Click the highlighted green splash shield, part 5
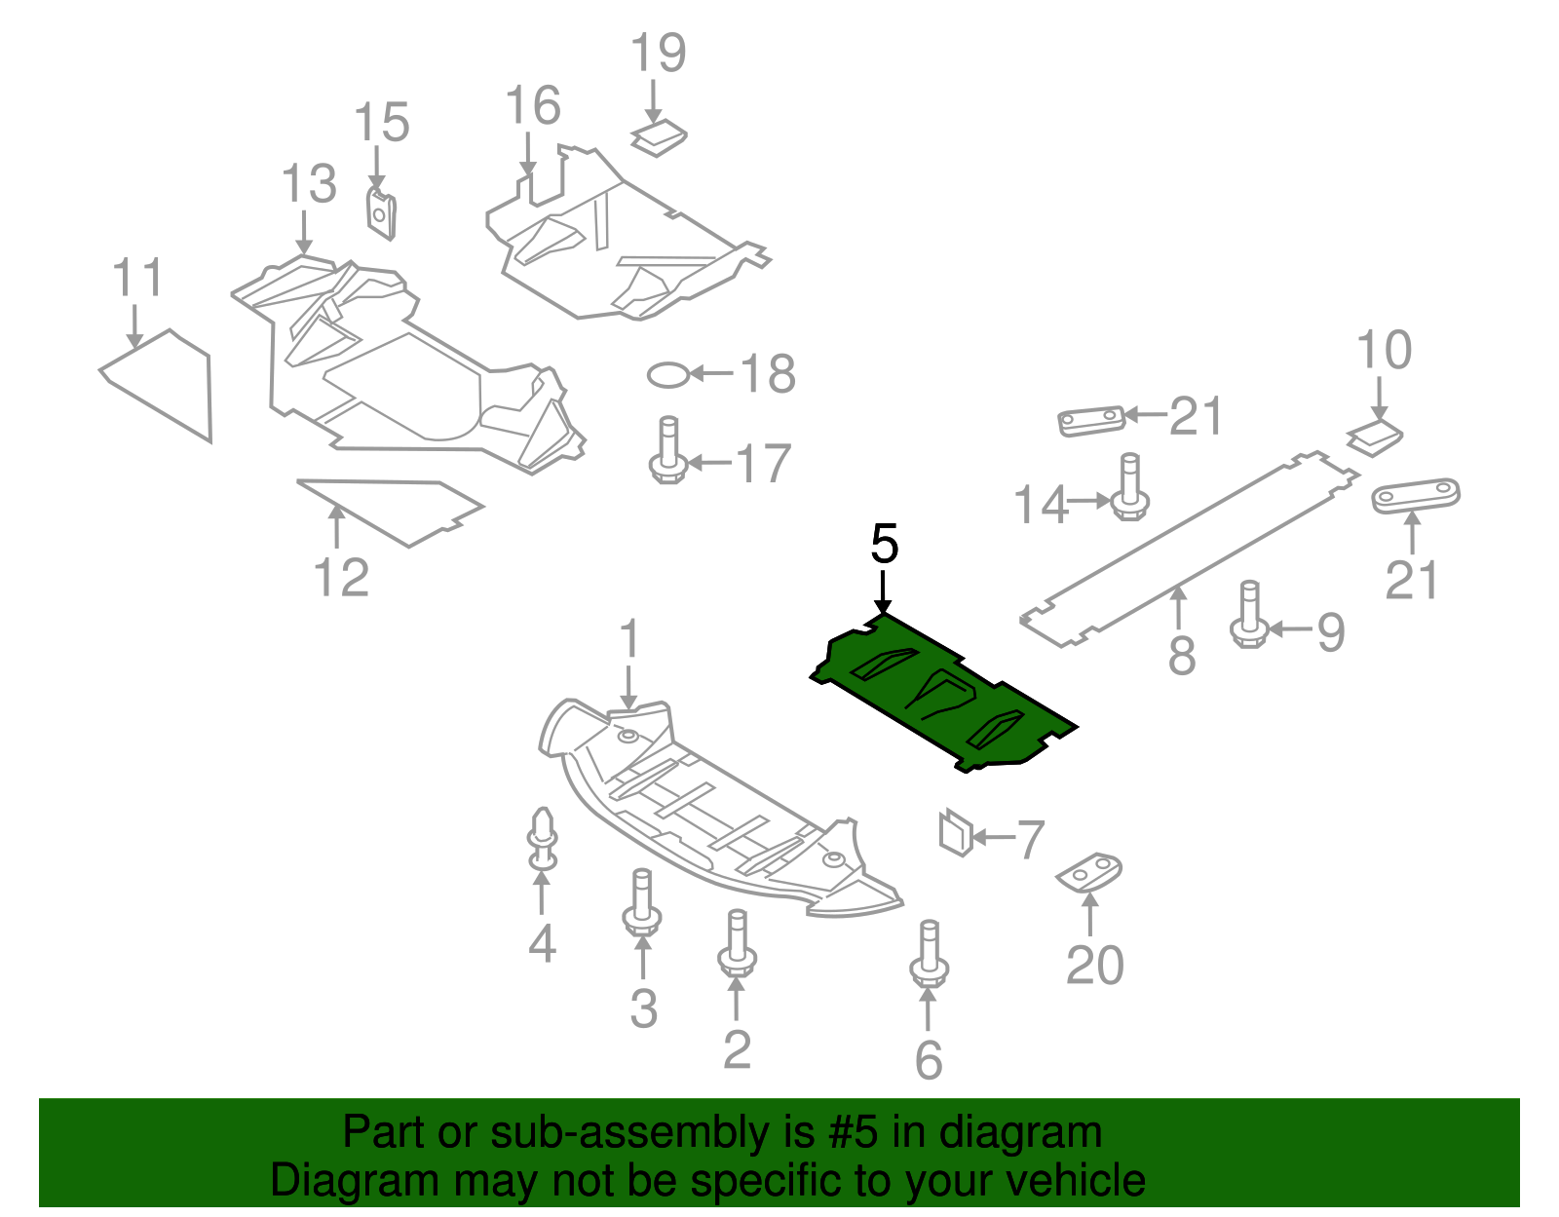pos(940,694)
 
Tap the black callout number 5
pos(884,544)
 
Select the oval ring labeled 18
pos(668,374)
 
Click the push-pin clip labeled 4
pos(543,838)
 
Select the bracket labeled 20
pos(1090,871)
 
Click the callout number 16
pos(533,106)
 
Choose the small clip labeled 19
pos(659,137)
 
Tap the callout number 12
pos(342,578)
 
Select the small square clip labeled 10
pos(1375,437)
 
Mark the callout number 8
pos(1181,656)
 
